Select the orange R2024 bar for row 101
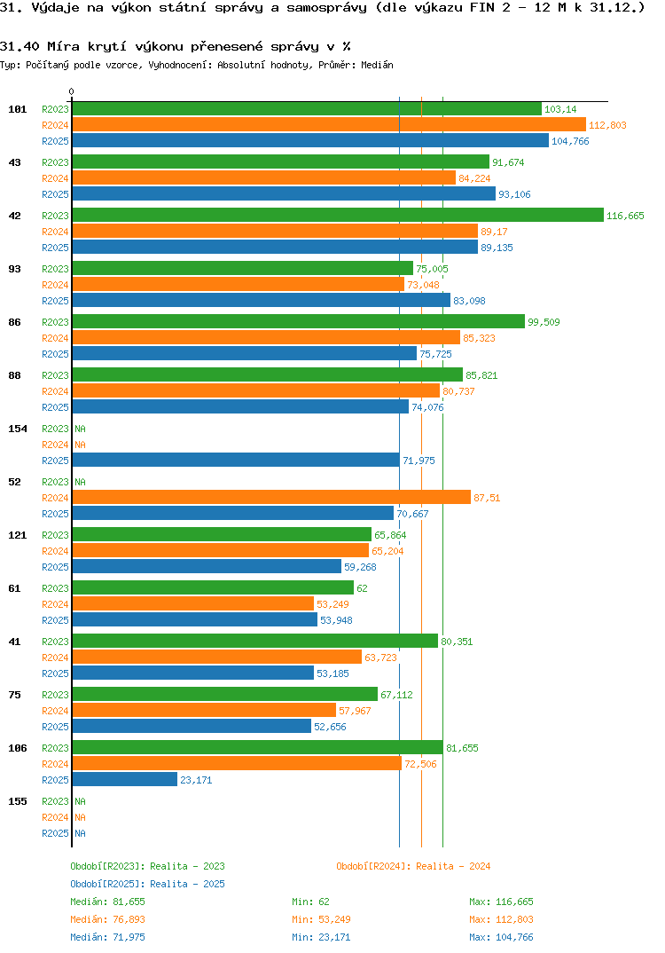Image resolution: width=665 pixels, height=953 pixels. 328,125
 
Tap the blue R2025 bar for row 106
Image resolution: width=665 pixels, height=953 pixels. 124,780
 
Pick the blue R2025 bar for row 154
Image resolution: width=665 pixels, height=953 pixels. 235,461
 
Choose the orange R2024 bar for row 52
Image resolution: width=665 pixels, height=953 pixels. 270,498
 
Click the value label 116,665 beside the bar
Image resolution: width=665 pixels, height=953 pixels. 625,216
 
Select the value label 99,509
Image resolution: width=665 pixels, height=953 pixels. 544,322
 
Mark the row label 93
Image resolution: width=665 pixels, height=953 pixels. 15,269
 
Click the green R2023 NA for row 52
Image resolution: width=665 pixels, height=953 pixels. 80,482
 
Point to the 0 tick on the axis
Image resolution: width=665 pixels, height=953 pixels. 72,91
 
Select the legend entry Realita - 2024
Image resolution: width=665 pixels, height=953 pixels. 413,866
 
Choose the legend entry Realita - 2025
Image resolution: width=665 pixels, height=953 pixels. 147,884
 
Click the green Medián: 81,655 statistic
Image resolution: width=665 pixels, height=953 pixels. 102,902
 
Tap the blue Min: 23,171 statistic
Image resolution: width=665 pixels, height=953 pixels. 324,937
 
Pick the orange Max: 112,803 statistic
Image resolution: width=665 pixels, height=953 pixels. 501,919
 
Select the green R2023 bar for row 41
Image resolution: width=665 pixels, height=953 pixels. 254,642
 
